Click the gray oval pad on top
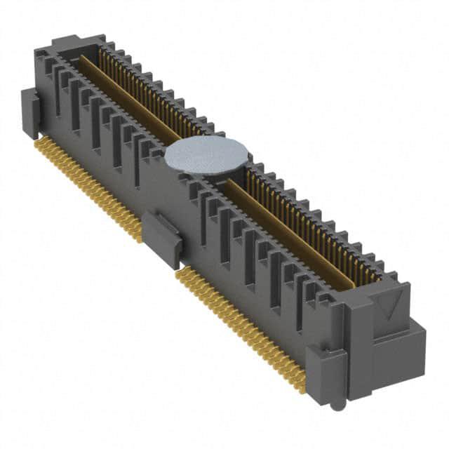pos(207,155)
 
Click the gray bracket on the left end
pos(30,112)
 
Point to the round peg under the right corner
pos(337,405)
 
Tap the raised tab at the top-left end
pos(68,43)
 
